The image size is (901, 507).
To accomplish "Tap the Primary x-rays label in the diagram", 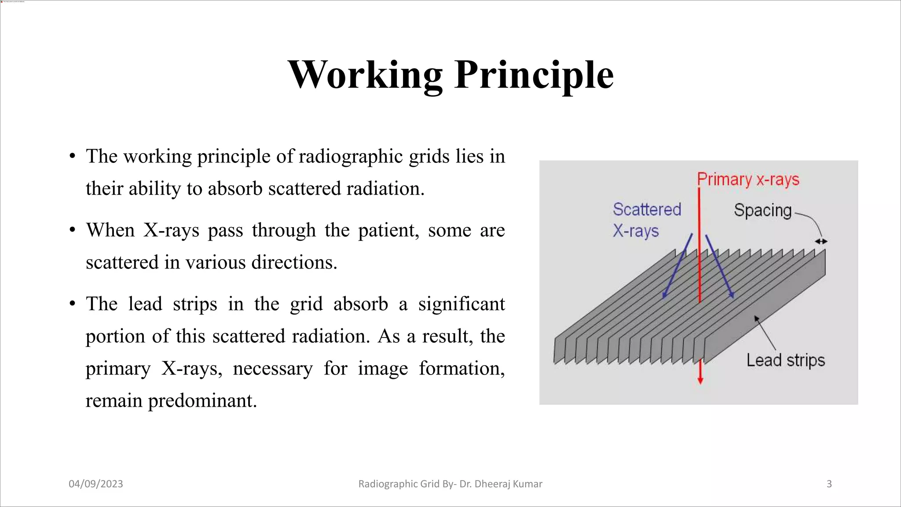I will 748,180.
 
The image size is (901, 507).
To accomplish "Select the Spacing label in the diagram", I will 762,210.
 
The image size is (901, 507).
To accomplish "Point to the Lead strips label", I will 785,360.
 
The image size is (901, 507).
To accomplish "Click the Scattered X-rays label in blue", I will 646,220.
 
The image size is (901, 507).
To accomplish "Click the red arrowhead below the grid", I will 700,379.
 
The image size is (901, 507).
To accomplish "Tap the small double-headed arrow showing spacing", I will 821,241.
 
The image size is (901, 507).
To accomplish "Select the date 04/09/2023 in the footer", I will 96,484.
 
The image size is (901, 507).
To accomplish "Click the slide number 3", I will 829,484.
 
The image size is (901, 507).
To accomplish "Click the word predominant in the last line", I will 202,400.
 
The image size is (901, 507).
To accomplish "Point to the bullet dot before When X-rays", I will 73,230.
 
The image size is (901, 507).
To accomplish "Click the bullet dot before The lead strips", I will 73,304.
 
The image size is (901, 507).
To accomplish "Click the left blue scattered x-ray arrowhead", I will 664,296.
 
